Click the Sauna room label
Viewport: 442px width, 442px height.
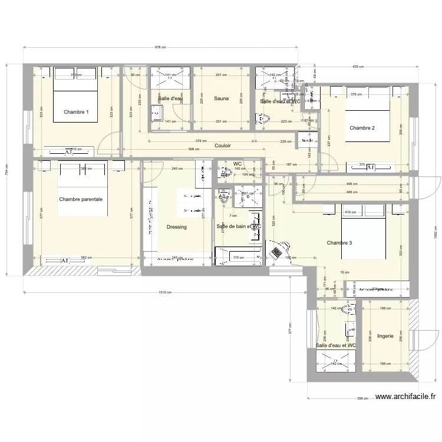222,98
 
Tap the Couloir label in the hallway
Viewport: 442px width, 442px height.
223,146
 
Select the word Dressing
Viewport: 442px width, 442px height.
176,227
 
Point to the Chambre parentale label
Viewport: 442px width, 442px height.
81,199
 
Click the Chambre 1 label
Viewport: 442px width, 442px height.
76,112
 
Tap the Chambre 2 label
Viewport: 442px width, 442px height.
362,128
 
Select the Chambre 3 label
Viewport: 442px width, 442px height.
339,243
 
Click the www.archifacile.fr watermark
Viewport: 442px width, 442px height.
407,398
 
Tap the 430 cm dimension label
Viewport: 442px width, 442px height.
358,67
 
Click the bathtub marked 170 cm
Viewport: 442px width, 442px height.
239,257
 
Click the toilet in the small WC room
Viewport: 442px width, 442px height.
225,173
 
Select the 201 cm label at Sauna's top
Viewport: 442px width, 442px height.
221,75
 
